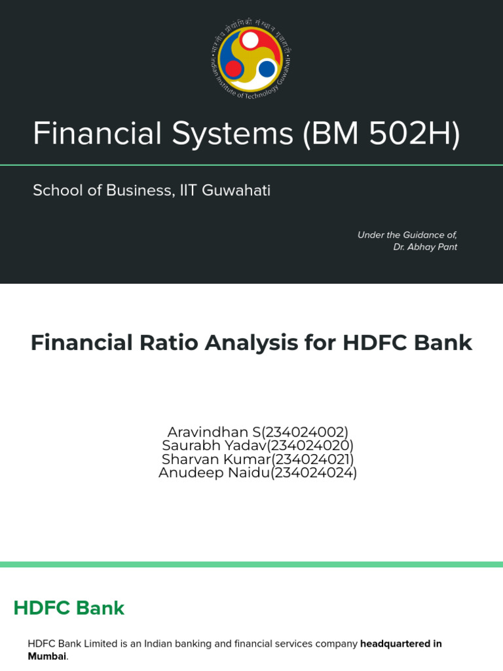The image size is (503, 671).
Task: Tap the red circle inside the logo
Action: [x=234, y=68]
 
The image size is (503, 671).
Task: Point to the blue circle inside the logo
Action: [x=267, y=68]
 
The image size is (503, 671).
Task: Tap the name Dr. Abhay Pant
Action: [x=425, y=247]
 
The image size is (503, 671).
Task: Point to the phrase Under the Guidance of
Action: [x=407, y=235]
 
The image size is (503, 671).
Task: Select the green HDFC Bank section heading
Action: [x=69, y=608]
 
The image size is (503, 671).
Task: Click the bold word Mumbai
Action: [x=47, y=656]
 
